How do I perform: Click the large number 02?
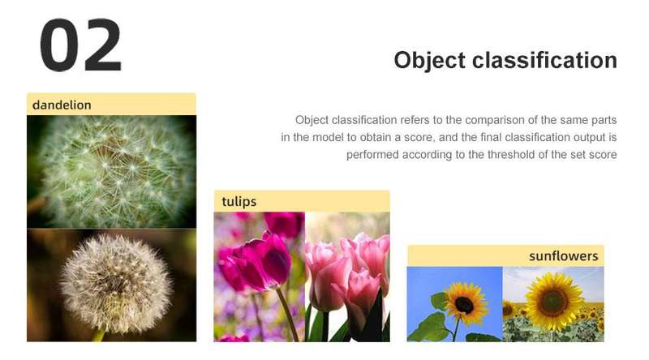80,45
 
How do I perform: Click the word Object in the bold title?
430,61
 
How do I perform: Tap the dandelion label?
62,105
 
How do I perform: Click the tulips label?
239,202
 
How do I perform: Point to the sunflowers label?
563,256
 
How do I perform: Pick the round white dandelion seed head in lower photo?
116,283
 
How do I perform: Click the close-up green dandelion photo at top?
112,172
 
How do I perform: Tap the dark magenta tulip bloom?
262,262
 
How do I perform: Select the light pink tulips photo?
347,276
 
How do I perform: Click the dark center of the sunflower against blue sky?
464,306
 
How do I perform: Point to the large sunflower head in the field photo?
553,302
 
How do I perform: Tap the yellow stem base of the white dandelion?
98,335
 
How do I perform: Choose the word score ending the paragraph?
603,155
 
